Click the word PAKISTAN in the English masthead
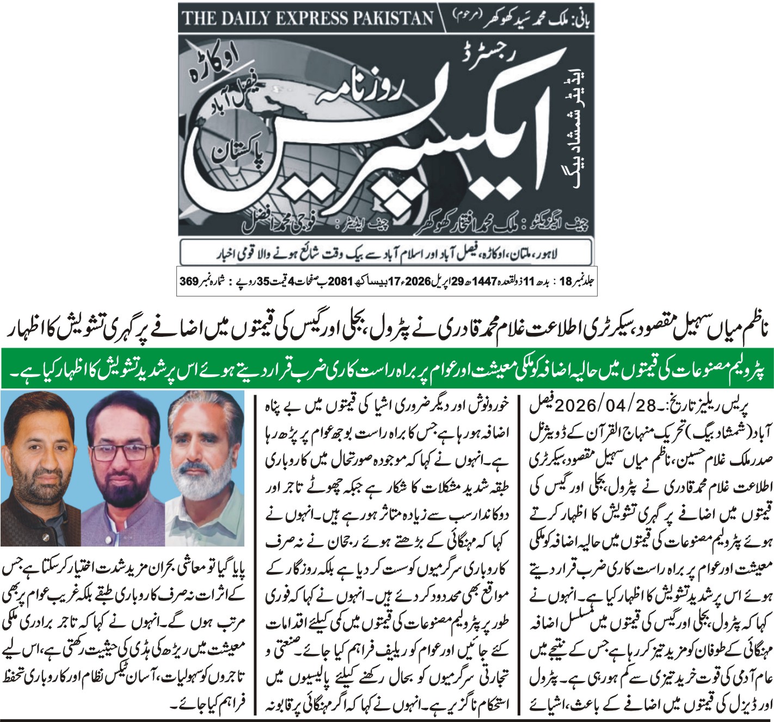point(385,19)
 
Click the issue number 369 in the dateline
point(188,282)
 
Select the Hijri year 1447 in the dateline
point(487,282)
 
